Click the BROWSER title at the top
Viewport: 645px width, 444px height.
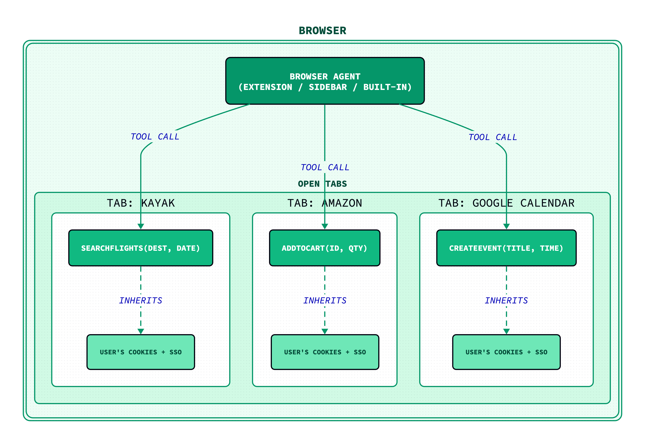point(322,31)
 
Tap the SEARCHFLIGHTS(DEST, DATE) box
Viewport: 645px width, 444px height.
point(141,248)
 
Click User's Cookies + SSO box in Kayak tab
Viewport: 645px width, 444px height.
point(141,352)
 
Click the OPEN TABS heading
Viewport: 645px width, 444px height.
point(322,184)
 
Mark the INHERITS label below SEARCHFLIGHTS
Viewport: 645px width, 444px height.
point(141,300)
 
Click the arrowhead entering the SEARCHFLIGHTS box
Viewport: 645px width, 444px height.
point(141,226)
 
